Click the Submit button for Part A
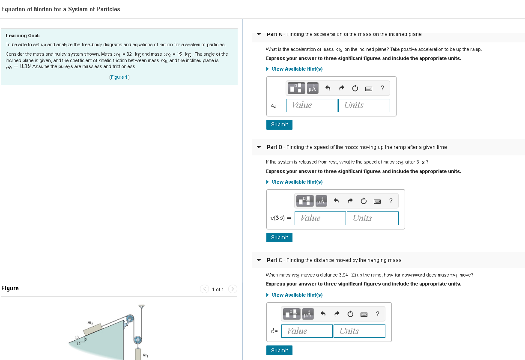279,125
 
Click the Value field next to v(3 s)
320,218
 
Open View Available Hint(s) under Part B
297,182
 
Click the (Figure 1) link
119,77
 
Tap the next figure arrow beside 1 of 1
233,289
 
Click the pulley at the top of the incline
129,318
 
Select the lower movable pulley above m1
138,340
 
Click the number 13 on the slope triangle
77,338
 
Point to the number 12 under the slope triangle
78,344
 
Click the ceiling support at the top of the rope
142,306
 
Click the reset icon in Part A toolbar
355,89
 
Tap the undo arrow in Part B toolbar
336,201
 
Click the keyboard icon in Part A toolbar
368,89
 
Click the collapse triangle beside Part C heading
259,260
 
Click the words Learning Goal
23,36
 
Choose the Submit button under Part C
279,350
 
